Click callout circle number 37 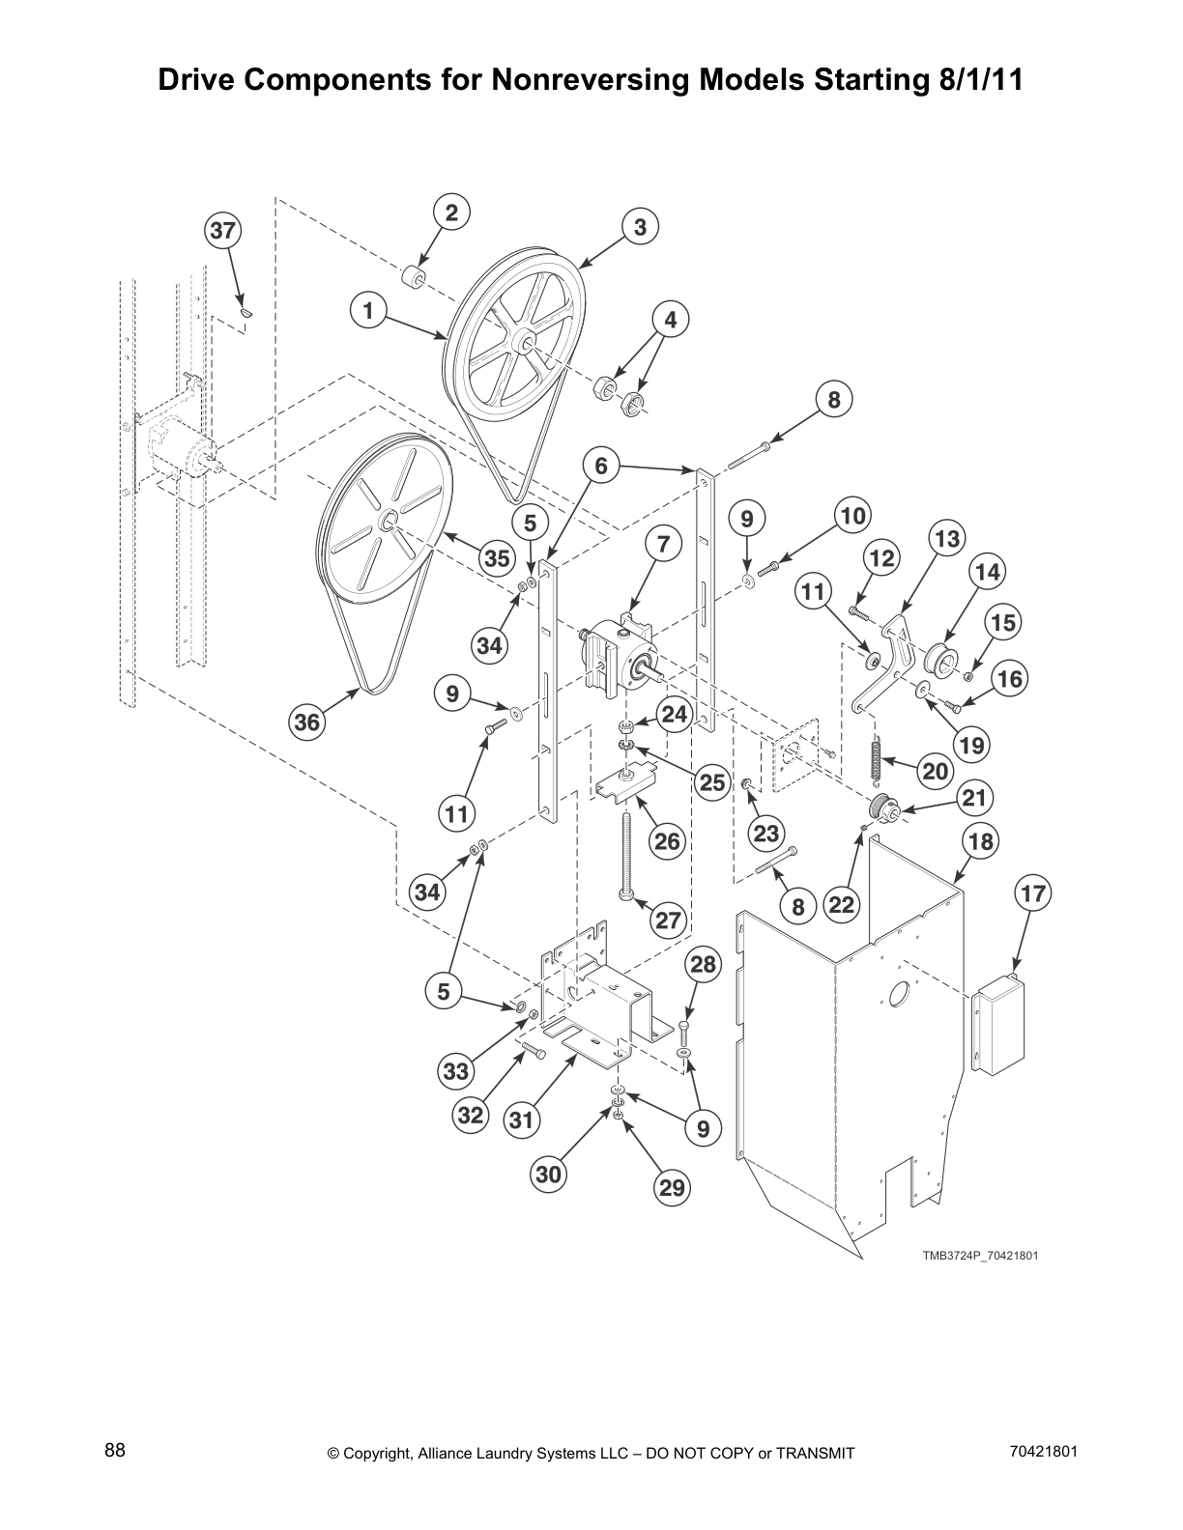click(x=222, y=232)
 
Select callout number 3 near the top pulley click(x=640, y=228)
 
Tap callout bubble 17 click(x=1033, y=893)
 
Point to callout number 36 click(x=307, y=722)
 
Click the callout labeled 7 click(x=663, y=545)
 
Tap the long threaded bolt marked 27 click(x=628, y=856)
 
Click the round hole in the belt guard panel click(x=899, y=993)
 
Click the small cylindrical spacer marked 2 click(x=414, y=279)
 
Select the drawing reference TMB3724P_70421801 click(x=980, y=1256)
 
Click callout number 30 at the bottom click(x=548, y=1175)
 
